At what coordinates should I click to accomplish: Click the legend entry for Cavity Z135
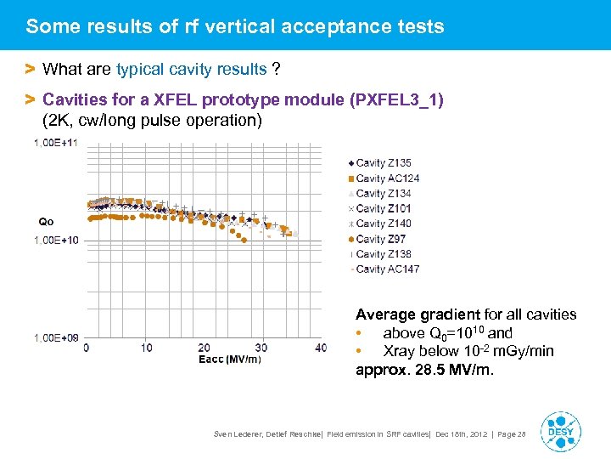(384, 162)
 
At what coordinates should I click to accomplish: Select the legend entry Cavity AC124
(387, 178)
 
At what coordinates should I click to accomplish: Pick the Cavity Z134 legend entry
(384, 193)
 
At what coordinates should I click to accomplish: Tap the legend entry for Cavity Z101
(384, 208)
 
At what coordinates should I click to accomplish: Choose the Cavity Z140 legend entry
(384, 224)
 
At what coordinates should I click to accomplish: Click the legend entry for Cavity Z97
(380, 239)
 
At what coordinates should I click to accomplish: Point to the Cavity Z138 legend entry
(384, 254)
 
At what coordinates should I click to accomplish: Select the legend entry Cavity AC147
(387, 269)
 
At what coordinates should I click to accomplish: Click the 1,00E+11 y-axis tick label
(55, 143)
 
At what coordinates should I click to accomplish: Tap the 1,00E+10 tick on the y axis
(55, 241)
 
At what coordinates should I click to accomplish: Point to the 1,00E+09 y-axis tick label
(55, 338)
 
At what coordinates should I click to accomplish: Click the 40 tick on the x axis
(320, 348)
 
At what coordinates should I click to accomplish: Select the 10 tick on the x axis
(146, 348)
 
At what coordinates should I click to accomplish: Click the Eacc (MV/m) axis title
(230, 359)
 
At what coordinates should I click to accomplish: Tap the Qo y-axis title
(46, 222)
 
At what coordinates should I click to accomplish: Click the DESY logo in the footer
(560, 431)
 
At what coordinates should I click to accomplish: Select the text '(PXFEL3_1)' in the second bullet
(395, 100)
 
